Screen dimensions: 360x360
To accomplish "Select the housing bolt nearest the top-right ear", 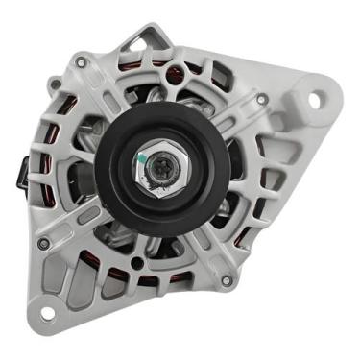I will point(262,98).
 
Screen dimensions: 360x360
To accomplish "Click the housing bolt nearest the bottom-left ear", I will point(44,243).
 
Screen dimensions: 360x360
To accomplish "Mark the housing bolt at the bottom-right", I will point(226,281).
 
